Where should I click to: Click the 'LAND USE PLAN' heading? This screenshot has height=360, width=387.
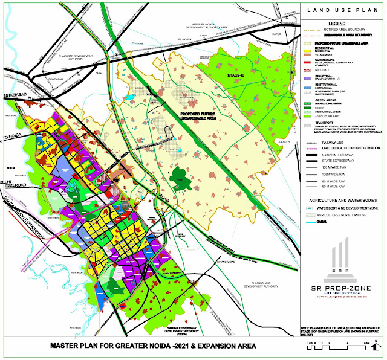tap(345, 8)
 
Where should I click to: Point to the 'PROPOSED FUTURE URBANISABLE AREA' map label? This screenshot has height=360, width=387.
tap(200, 100)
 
